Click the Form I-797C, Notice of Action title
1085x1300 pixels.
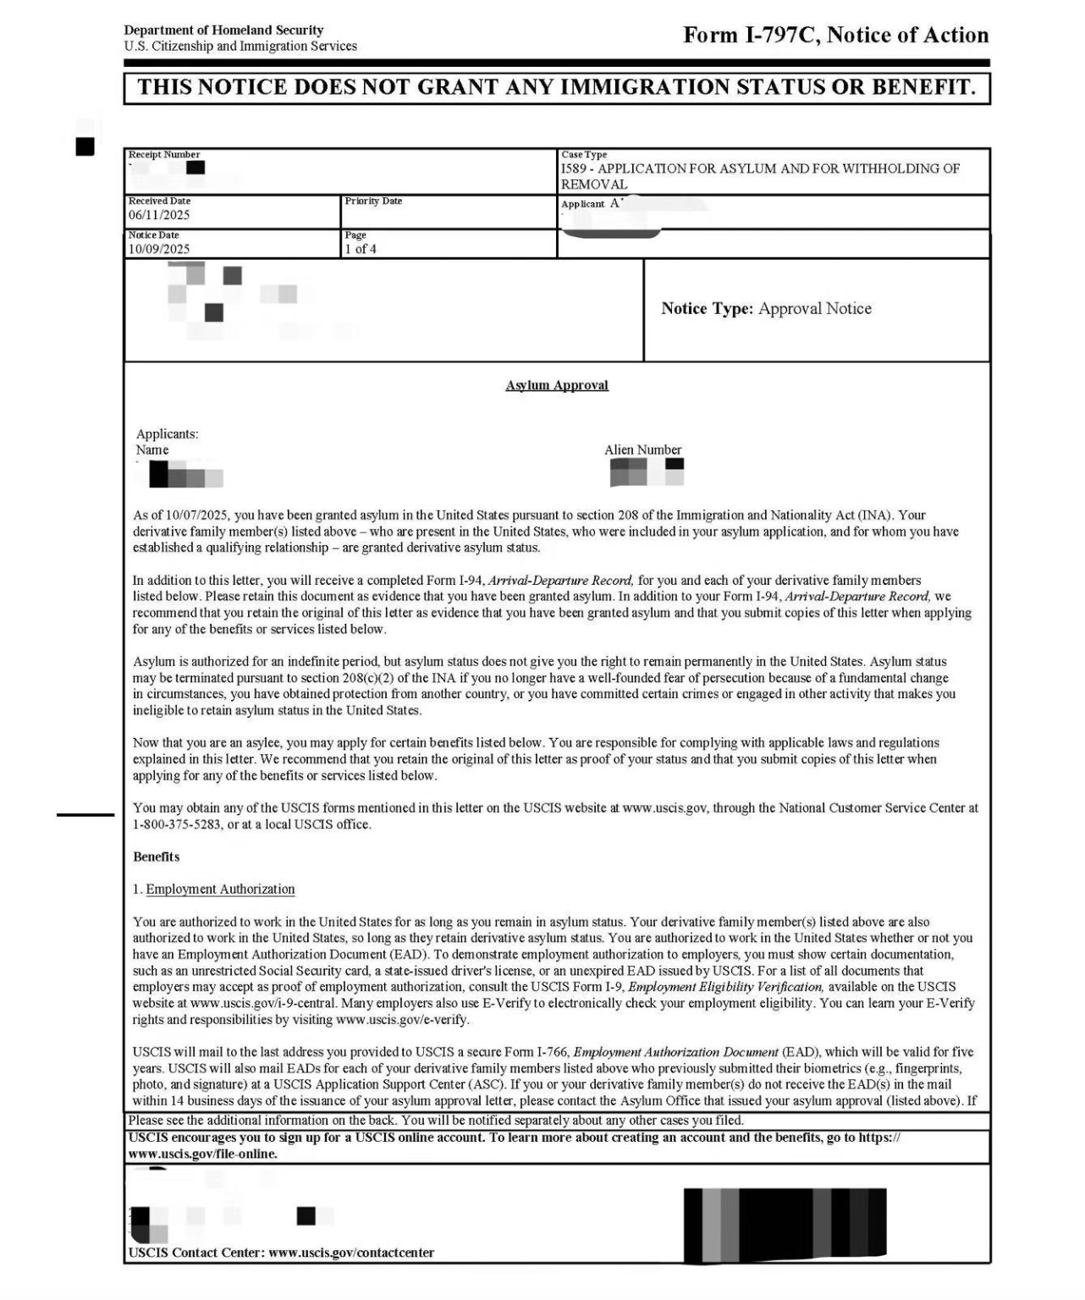(835, 36)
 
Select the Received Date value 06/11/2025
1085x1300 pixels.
(159, 215)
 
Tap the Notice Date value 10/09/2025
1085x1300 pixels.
(159, 249)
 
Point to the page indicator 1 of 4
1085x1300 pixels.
(361, 249)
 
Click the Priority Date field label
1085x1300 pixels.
(373, 201)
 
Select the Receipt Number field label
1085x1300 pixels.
(164, 155)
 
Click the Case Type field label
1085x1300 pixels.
(584, 155)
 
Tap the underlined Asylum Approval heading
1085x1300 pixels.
(557, 386)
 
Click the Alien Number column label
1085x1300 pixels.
(642, 450)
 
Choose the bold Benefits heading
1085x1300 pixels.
(157, 857)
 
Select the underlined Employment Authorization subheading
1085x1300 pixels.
(220, 890)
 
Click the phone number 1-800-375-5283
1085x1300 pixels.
(177, 824)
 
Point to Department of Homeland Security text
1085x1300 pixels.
(223, 30)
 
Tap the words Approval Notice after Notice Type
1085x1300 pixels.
(815, 309)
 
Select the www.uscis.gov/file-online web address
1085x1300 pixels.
(203, 1154)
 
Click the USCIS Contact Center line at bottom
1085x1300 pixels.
(281, 1253)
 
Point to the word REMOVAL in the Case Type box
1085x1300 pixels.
(594, 185)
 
